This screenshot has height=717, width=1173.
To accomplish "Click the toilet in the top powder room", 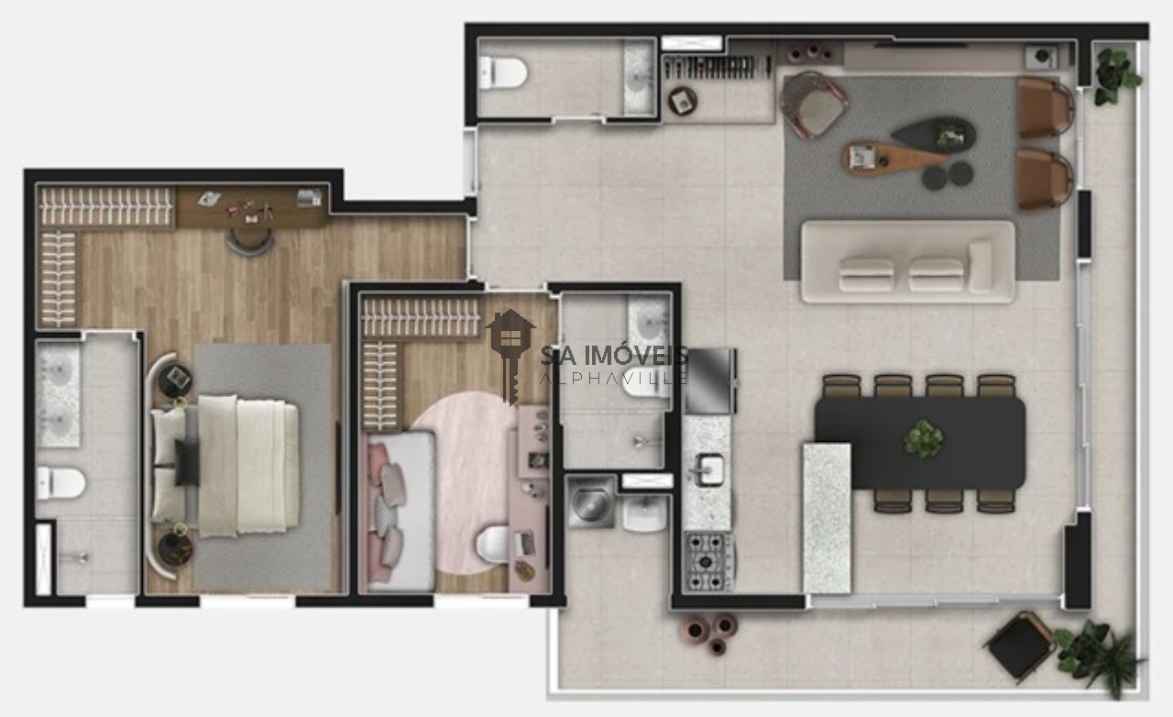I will pos(502,72).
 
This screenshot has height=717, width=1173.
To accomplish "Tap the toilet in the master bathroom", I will pos(60,482).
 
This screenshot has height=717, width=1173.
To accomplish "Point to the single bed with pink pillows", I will pos(398,510).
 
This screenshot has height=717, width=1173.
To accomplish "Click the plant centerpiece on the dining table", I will pos(923,438).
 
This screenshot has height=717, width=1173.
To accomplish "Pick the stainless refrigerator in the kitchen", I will pos(711,381).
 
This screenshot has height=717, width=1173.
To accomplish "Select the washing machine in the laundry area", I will pos(589,502).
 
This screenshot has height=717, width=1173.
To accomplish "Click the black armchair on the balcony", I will pos(1020,645).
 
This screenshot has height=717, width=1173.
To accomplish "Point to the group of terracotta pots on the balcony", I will pos(709,631).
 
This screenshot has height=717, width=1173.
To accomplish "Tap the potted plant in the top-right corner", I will pos(1116,73).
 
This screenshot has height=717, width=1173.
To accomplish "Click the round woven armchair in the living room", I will pos(814,104).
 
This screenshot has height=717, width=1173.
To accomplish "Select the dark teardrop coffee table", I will pos(935,136).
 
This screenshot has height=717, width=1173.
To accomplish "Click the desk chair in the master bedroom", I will pos(250,240).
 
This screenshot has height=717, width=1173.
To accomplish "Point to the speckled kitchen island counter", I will pos(826,518).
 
